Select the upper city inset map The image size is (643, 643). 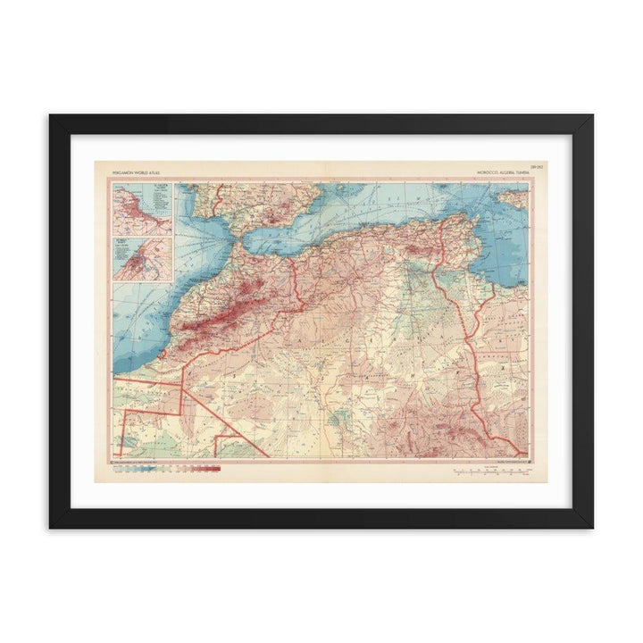pos(143,209)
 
